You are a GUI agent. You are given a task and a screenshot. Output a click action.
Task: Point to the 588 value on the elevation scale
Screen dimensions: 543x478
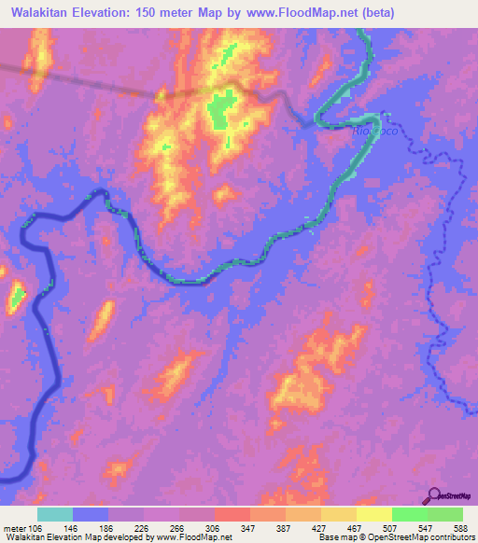461,527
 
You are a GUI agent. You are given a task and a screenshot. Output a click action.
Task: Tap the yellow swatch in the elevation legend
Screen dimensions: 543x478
373,514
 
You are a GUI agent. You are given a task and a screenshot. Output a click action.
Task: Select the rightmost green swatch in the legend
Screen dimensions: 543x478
445,514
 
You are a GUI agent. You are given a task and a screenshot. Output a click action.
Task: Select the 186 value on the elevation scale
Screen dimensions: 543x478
107,527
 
